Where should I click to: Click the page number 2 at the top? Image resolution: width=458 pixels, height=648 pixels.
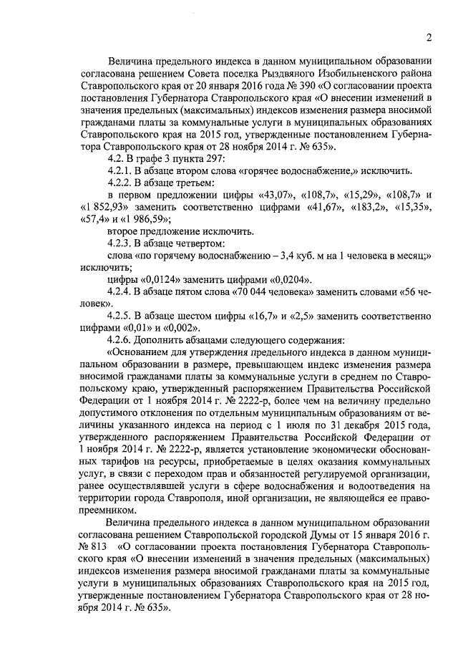click(x=428, y=38)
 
